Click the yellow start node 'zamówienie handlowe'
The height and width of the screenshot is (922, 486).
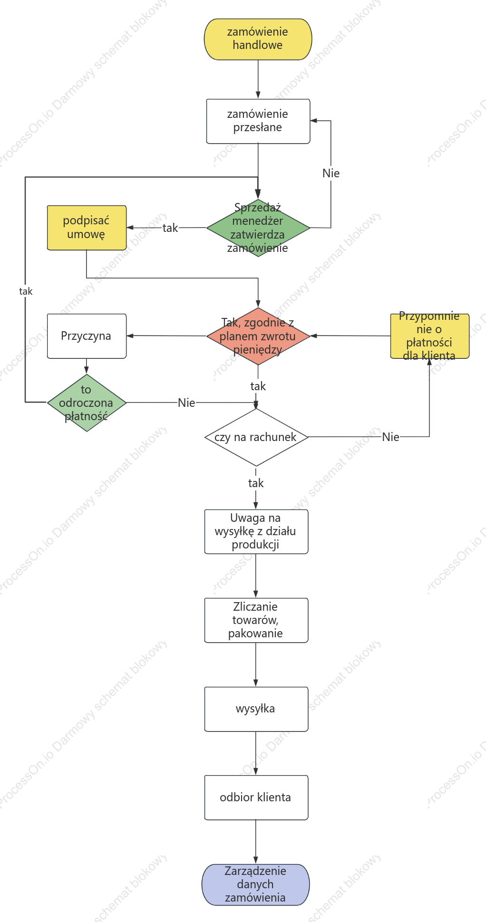coord(258,39)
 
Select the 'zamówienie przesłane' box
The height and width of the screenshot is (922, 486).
coord(258,121)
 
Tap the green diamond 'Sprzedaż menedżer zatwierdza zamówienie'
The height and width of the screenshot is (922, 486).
coord(258,228)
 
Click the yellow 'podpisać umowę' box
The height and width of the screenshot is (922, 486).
coord(87,228)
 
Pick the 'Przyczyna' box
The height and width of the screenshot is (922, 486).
coord(87,336)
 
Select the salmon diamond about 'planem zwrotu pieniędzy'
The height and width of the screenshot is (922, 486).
coord(258,336)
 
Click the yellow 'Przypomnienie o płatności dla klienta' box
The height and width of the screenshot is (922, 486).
coord(429,336)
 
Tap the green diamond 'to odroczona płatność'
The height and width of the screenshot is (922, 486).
coord(87,403)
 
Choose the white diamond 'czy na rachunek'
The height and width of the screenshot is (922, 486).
coord(256,437)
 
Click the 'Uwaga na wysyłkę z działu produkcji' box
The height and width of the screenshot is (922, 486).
coord(256,531)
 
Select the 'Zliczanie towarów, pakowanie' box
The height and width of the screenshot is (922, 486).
coord(256,620)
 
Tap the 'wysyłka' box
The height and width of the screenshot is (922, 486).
coord(256,709)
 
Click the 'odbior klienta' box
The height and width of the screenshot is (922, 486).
coord(256,797)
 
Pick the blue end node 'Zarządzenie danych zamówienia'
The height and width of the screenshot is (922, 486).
coord(255,884)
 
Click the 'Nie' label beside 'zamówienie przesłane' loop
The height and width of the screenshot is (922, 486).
coord(331,173)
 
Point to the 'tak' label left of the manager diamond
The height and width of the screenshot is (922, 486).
coord(170,228)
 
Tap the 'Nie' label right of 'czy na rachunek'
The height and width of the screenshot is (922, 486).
coord(390,437)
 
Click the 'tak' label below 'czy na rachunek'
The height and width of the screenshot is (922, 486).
coord(256,483)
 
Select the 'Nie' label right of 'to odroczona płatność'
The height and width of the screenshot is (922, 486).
coord(186,403)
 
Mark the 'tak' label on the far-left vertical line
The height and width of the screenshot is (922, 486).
coord(26,291)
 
